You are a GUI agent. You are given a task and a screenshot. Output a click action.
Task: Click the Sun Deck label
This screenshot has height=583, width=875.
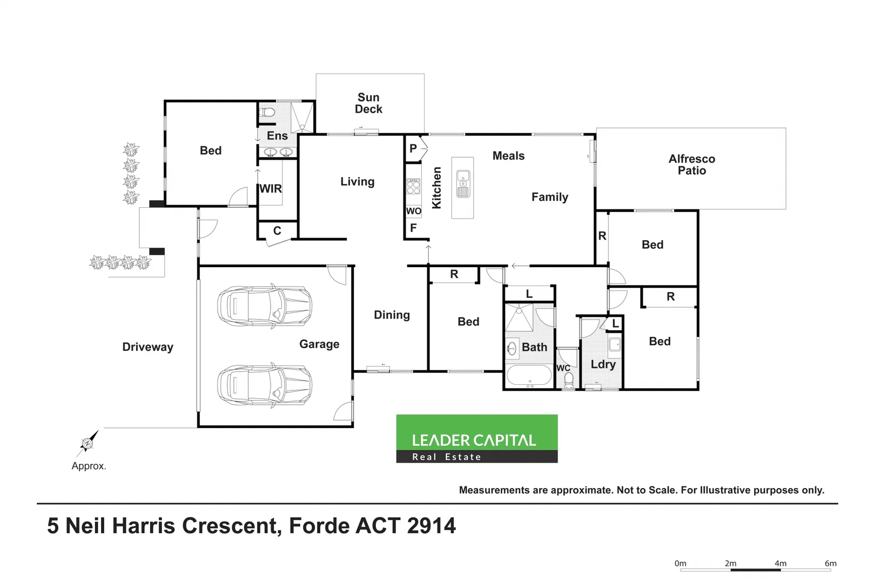368,103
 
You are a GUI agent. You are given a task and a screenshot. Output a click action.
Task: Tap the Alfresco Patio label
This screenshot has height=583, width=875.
691,165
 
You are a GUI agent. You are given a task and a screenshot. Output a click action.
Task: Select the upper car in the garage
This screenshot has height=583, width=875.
265,306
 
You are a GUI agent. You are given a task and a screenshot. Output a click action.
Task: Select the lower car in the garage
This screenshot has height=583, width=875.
265,385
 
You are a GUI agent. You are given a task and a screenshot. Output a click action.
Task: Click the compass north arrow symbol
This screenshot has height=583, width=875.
88,443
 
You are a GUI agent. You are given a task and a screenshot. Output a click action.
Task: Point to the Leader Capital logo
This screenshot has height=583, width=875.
476,438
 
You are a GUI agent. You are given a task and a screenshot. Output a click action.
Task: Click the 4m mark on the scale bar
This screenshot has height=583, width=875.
780,564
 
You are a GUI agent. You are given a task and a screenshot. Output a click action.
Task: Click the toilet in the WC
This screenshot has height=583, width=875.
568,381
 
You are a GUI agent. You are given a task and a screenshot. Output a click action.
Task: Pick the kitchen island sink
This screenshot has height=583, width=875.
463,184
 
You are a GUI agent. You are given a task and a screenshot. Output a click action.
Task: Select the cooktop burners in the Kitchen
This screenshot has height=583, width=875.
413,187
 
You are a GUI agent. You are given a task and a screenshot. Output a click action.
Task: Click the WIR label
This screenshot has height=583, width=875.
271,189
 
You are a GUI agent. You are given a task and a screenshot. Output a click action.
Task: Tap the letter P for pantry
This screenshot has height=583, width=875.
413,148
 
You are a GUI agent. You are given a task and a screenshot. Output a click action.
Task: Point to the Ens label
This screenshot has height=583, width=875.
277,136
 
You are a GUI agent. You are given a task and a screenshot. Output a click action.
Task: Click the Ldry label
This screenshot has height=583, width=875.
603,364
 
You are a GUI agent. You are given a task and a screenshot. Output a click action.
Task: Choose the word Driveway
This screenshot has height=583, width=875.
147,347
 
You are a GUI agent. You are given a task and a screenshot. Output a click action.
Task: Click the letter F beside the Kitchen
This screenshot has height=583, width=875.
413,228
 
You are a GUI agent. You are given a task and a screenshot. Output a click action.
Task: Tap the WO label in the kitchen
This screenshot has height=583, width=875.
413,211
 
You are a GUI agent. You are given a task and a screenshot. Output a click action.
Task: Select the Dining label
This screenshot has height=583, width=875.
392,315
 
